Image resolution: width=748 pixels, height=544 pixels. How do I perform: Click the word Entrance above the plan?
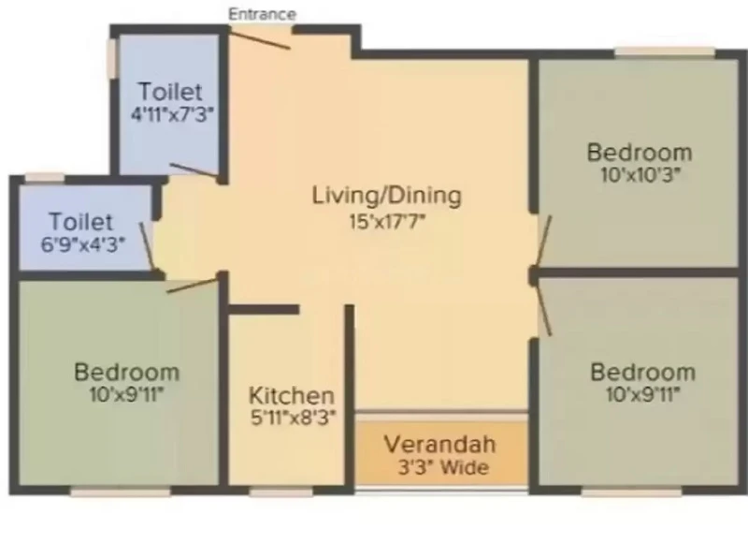click(262, 14)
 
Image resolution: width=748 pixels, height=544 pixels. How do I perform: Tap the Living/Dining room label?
click(386, 196)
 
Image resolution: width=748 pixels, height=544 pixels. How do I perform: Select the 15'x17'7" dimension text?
click(387, 222)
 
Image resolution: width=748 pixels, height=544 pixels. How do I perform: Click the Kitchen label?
click(292, 395)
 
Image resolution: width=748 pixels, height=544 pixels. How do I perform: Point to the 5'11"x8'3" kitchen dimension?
click(294, 418)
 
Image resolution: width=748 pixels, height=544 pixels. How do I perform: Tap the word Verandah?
click(439, 444)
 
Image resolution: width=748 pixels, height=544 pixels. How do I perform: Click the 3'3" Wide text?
click(443, 467)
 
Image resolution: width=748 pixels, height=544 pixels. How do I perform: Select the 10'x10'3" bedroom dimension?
click(640, 175)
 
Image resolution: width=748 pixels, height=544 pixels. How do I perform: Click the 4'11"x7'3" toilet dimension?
click(172, 114)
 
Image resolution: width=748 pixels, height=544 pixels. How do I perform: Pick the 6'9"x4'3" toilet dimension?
click(83, 245)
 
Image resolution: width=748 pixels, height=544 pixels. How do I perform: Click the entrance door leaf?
click(260, 38)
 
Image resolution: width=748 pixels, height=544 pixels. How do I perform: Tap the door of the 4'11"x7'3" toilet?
click(194, 170)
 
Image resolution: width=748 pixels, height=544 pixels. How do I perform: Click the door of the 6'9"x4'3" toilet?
click(148, 248)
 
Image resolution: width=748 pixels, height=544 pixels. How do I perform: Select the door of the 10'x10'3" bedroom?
click(543, 243)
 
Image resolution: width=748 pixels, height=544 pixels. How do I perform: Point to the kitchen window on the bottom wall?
click(281, 492)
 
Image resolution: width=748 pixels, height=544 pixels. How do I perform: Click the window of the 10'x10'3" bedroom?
click(665, 51)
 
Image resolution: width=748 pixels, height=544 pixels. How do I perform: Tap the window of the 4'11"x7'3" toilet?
click(112, 58)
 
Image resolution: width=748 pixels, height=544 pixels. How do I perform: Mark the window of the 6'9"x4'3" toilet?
click(44, 178)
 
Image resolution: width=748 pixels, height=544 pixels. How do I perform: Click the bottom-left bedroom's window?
click(121, 492)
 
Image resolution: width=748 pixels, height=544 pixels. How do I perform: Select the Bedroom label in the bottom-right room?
click(642, 373)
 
